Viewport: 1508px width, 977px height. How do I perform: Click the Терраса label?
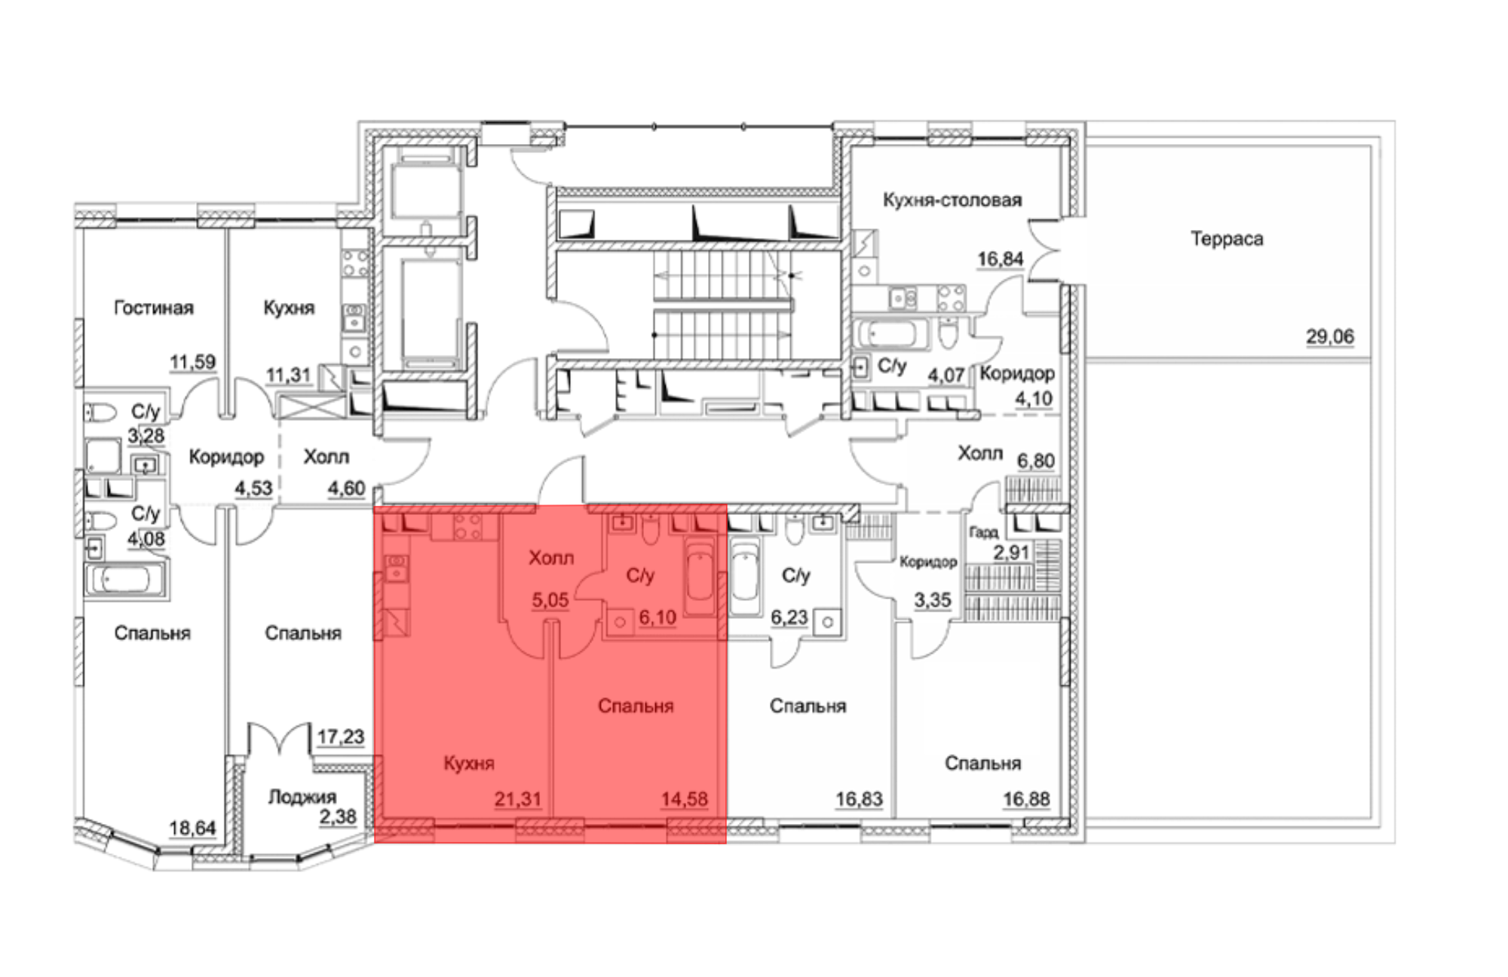pyautogui.click(x=1227, y=239)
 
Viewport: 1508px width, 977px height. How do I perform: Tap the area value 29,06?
pyautogui.click(x=1330, y=336)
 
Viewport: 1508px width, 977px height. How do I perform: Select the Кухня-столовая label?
pyautogui.click(x=952, y=200)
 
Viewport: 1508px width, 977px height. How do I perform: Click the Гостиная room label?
pyautogui.click(x=154, y=308)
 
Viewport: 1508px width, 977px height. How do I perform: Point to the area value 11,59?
pyautogui.click(x=192, y=362)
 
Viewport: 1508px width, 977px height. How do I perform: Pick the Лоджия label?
pyautogui.click(x=302, y=797)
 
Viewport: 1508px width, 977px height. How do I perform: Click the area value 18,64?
pyautogui.click(x=192, y=828)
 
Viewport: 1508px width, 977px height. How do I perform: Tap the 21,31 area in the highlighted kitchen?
pyautogui.click(x=518, y=799)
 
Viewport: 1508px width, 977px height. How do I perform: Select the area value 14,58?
pyautogui.click(x=685, y=799)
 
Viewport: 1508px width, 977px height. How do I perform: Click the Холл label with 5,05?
pyautogui.click(x=551, y=558)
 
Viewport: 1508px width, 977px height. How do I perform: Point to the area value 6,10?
pyautogui.click(x=657, y=618)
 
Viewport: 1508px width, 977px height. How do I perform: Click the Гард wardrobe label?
pyautogui.click(x=983, y=532)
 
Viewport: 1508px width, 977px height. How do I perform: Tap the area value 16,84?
pyautogui.click(x=1001, y=259)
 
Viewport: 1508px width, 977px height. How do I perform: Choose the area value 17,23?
pyautogui.click(x=341, y=736)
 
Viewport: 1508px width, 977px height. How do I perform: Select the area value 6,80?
pyautogui.click(x=1036, y=461)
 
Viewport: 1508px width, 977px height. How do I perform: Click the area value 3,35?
pyautogui.click(x=933, y=600)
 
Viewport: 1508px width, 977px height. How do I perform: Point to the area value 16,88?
pyautogui.click(x=1026, y=799)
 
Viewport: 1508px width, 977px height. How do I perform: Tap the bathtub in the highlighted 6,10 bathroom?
pyautogui.click(x=700, y=577)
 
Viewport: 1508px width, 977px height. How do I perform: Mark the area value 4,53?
pyautogui.click(x=253, y=488)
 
